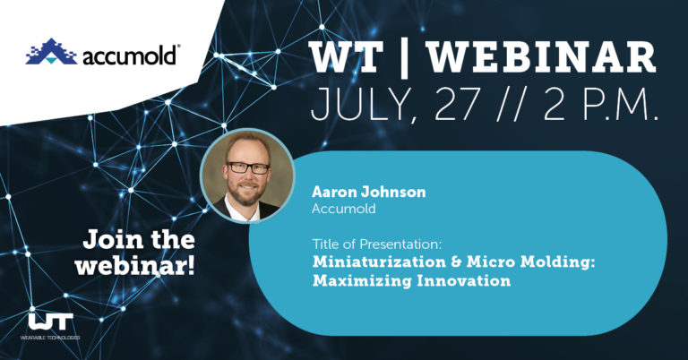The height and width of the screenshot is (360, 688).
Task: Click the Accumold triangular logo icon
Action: [x=49, y=54]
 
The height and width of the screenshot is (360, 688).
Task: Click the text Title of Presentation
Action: [x=372, y=244]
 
